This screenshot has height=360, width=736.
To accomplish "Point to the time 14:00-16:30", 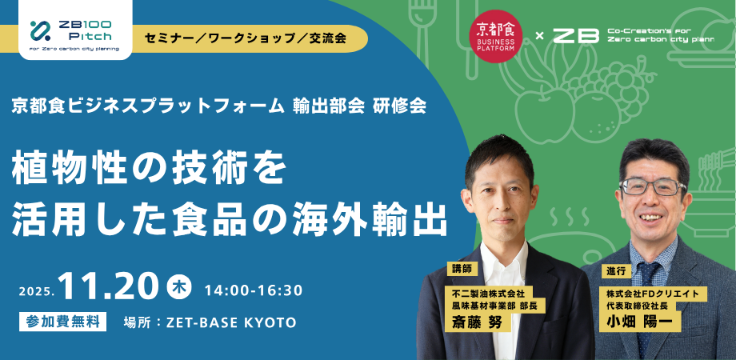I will point(254,289).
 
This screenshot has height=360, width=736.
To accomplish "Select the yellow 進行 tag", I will point(614,270).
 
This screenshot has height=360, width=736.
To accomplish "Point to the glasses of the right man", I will point(652,186).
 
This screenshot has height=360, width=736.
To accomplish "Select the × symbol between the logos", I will point(538,36).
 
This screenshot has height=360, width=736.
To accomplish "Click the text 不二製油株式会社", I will point(489,294).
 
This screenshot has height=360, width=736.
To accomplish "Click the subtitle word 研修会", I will point(399,106).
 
